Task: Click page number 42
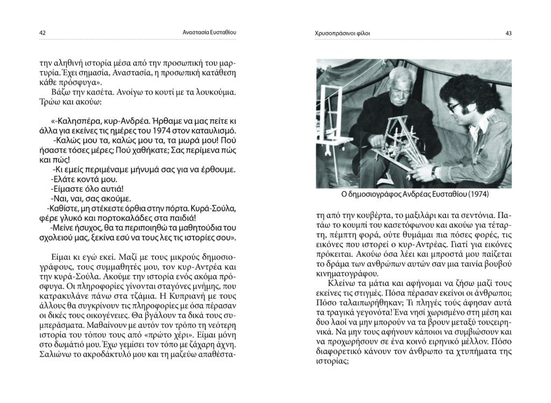(x=42, y=33)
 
